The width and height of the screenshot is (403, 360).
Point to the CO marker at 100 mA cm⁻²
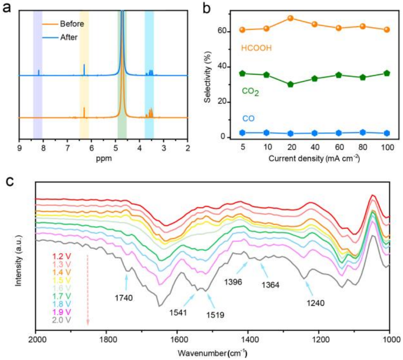[x=387, y=133]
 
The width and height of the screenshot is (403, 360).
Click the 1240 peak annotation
[x=316, y=303]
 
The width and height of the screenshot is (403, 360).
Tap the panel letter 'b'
[x=210, y=8]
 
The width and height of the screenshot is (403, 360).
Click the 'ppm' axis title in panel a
[x=103, y=158]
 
